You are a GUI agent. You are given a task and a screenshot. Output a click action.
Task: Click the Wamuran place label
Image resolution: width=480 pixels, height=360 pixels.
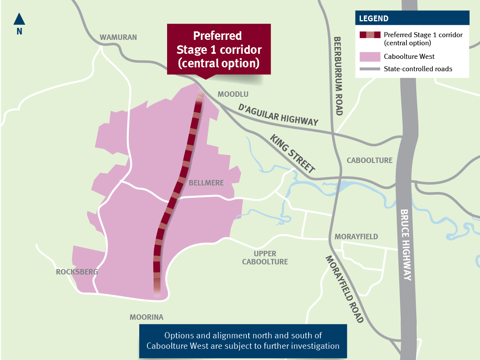(118, 38)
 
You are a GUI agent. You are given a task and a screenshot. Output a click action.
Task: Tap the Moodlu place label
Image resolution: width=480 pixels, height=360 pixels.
(233, 94)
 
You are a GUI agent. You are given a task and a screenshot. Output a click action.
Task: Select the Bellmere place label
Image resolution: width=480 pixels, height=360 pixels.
(206, 183)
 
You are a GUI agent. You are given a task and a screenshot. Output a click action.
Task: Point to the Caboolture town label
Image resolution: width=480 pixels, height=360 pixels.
(369, 160)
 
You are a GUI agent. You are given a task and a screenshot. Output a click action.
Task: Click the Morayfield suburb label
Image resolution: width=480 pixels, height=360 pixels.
(356, 237)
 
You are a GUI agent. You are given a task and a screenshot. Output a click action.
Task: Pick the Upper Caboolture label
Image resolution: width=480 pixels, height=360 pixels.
(265, 258)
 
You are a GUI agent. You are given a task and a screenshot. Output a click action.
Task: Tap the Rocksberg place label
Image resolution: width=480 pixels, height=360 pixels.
(77, 272)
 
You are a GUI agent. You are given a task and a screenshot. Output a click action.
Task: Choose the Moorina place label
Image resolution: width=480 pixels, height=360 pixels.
(146, 317)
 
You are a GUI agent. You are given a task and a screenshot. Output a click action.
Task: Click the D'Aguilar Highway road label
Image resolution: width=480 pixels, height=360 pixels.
(278, 115)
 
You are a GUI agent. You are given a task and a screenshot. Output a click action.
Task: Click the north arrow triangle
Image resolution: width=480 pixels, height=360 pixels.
(19, 19)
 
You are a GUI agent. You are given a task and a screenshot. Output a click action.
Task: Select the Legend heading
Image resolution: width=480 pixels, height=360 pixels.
(374, 19)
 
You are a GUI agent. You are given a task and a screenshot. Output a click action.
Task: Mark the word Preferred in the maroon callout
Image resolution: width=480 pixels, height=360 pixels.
(217, 36)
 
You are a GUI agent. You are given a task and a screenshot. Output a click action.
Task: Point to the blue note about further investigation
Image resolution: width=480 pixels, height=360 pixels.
(243, 341)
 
